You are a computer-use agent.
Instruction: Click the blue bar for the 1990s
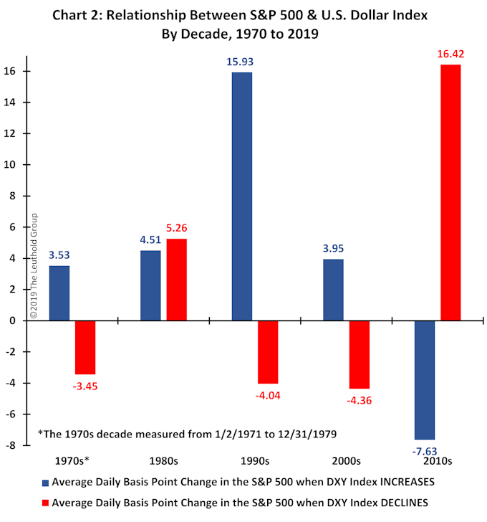[242, 196]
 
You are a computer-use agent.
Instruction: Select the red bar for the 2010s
[450, 193]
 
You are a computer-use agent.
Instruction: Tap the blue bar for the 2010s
[425, 380]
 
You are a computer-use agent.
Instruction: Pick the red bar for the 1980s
[177, 280]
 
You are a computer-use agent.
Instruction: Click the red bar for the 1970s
[85, 348]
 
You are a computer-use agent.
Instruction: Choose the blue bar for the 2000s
[333, 290]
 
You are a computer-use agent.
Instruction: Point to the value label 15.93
[242, 62]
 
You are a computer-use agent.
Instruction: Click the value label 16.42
[450, 54]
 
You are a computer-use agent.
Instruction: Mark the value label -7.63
[425, 450]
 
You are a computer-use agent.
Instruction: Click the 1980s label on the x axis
[163, 460]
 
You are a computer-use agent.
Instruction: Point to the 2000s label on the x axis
[346, 460]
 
